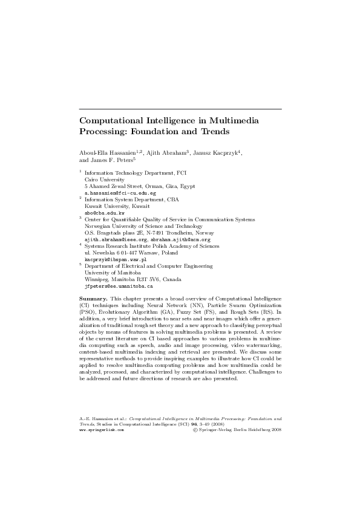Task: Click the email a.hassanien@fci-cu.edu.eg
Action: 120,193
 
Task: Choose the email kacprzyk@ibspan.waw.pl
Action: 115,259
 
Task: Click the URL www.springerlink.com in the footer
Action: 102,430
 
